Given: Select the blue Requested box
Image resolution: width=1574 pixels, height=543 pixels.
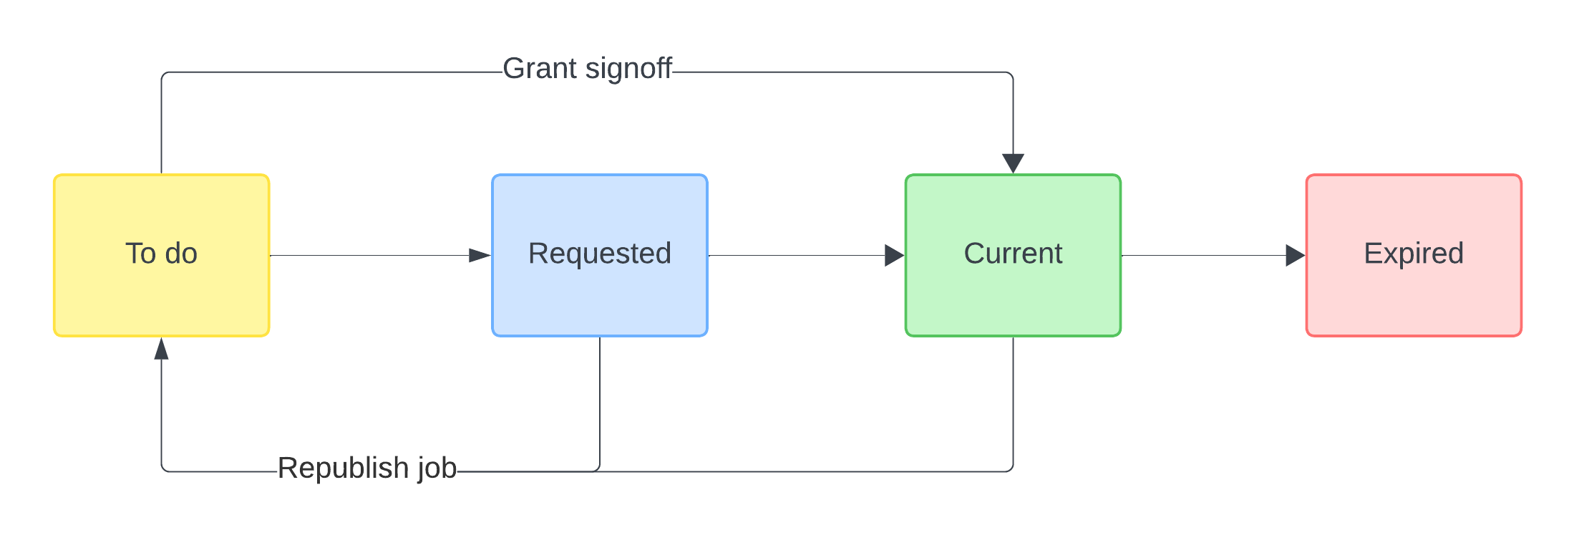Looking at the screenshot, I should pos(599,294).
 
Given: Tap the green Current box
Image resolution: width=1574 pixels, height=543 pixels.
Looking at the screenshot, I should pos(1013,294).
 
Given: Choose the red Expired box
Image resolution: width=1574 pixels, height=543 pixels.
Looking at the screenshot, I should pos(1414,294).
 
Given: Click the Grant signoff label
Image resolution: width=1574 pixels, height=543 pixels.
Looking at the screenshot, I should pos(587,69).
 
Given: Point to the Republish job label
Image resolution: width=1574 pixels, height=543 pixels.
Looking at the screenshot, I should pos(366,468).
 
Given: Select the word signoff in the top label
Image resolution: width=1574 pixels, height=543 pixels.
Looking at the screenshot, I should pos(628,69).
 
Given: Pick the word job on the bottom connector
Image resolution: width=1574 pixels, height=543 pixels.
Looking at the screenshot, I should pos(437,468).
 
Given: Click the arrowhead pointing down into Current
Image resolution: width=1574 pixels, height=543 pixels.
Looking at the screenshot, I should pos(1013,163).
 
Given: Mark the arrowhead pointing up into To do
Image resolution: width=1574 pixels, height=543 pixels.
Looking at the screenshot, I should pos(161,348).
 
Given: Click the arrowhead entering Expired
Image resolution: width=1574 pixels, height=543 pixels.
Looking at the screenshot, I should pos(1295,255).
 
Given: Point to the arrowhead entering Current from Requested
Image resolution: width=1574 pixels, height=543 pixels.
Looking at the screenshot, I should pos(894,255).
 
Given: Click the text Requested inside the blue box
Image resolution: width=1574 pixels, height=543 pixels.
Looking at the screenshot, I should pos(599,254).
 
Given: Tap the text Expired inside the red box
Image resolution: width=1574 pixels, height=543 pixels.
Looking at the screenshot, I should pos(1414,254).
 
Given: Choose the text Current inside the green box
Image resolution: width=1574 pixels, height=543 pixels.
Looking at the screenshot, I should pos(1013,254).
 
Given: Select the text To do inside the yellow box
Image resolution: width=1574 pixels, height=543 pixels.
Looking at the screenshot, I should pos(161,254).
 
